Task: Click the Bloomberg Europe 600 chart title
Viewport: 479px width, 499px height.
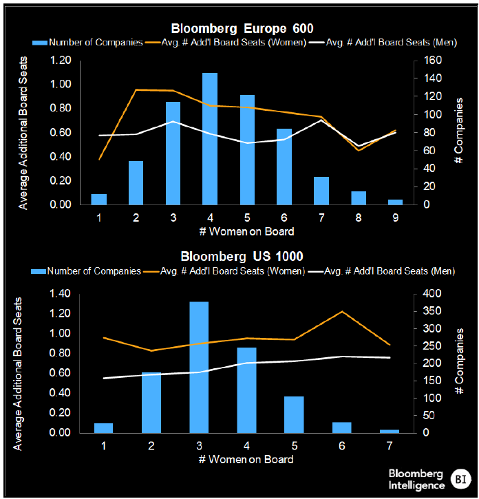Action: coord(242,29)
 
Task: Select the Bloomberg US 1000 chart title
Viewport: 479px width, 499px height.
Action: coord(242,256)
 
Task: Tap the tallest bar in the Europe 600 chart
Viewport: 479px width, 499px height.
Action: coord(210,139)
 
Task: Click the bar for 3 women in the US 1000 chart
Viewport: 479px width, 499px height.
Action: coord(199,368)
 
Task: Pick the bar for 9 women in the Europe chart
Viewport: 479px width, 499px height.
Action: coord(395,202)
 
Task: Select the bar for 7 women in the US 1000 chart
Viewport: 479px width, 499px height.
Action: coord(390,432)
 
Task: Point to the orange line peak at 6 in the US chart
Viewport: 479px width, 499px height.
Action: coord(342,311)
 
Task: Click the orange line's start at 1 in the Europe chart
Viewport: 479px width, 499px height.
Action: coord(99,159)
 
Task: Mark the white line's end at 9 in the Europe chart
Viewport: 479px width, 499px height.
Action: coord(396,132)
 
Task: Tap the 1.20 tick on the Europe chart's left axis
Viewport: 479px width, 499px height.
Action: coord(61,60)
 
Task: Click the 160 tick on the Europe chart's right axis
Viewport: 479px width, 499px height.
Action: coord(432,60)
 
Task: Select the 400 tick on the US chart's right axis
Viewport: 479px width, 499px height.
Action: coord(432,293)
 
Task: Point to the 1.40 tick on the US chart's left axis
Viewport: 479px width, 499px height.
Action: coord(60,293)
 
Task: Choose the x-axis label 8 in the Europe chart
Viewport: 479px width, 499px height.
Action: coord(359,217)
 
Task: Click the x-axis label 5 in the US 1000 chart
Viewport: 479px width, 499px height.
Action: coord(295,446)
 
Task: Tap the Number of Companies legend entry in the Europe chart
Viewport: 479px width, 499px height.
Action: coord(87,42)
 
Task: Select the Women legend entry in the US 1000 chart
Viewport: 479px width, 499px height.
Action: coord(224,271)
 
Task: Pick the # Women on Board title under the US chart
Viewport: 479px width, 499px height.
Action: coord(246,459)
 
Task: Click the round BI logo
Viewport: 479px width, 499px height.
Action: coord(460,479)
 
